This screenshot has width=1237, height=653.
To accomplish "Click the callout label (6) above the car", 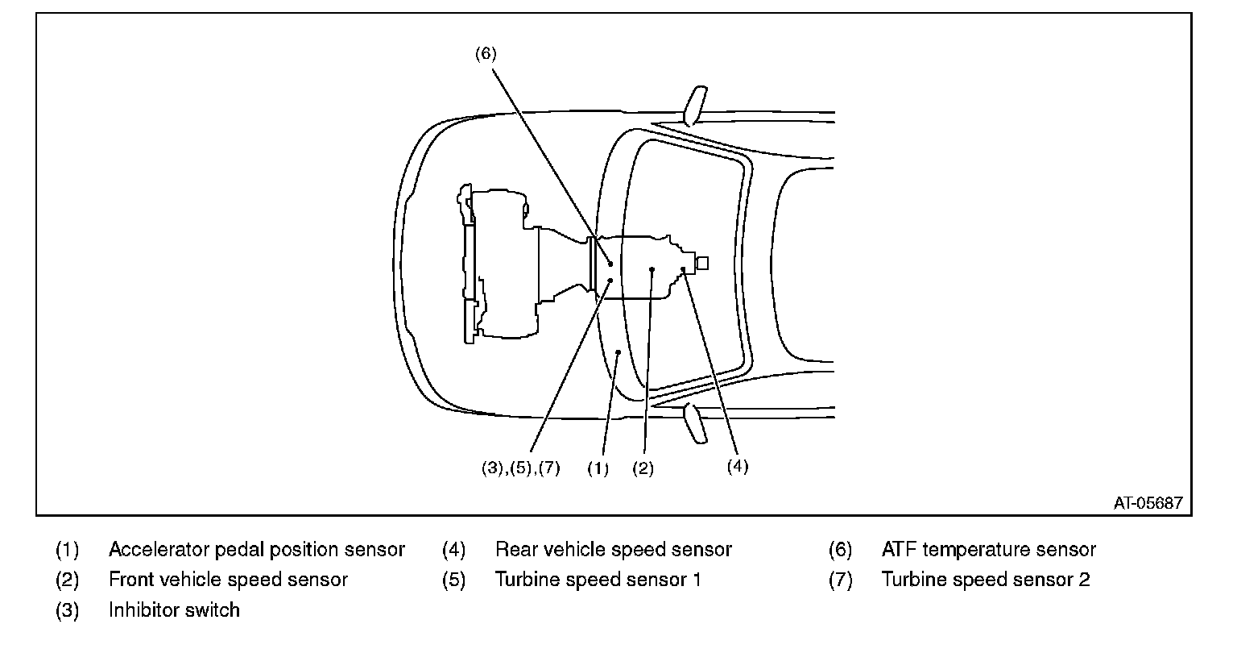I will pyautogui.click(x=486, y=54).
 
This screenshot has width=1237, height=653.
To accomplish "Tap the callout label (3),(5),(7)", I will pyautogui.click(x=515, y=468).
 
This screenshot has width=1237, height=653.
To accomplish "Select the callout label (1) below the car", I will pyautogui.click(x=598, y=468).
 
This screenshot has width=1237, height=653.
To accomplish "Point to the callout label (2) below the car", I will pyautogui.click(x=643, y=468).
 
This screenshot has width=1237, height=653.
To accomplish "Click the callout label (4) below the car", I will pyautogui.click(x=738, y=466).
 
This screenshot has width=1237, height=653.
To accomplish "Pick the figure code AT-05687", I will pyautogui.click(x=1148, y=502).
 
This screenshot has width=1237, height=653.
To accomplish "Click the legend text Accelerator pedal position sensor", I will pyautogui.click(x=256, y=550).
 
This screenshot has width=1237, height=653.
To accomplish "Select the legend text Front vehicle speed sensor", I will pyautogui.click(x=228, y=580).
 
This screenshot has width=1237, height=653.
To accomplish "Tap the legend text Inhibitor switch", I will pyautogui.click(x=174, y=609).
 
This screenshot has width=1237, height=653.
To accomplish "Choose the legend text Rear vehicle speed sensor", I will pyautogui.click(x=614, y=550).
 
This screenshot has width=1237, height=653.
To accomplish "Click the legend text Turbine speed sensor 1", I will pyautogui.click(x=598, y=580).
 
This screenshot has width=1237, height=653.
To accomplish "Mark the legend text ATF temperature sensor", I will pyautogui.click(x=988, y=550).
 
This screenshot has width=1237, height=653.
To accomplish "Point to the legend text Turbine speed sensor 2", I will pyautogui.click(x=986, y=580).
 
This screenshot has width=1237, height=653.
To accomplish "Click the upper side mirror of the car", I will pyautogui.click(x=695, y=105).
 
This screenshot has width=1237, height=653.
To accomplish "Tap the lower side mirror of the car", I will pyautogui.click(x=695, y=424).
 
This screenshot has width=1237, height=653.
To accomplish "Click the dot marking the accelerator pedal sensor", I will pyautogui.click(x=618, y=352).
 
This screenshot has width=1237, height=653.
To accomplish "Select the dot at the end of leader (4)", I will pyautogui.click(x=682, y=268).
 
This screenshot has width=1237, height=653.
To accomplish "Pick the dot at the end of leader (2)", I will pyautogui.click(x=652, y=269).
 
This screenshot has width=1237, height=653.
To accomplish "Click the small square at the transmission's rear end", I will pyautogui.click(x=701, y=263).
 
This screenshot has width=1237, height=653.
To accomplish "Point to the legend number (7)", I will pyautogui.click(x=840, y=580).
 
